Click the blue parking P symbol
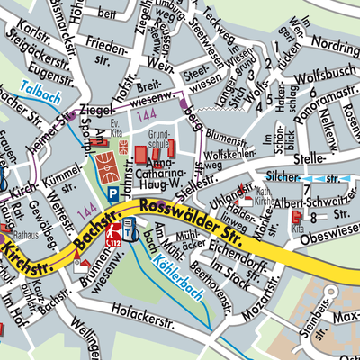112,193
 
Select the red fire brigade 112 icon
114,236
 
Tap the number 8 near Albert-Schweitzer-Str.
313,218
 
